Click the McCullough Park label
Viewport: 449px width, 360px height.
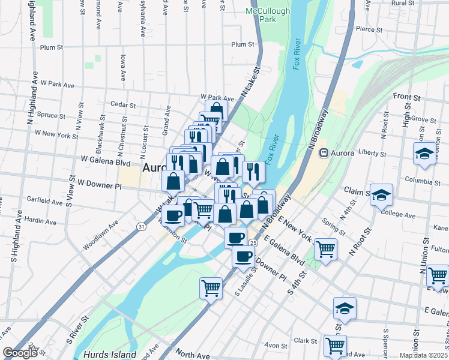tap(268, 15)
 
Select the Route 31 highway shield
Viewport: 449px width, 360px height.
tap(140, 226)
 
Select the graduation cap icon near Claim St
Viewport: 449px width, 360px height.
tap(381, 195)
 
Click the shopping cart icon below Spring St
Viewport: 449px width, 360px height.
tap(325, 248)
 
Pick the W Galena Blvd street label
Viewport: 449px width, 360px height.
tap(106, 161)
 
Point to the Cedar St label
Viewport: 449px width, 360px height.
tap(123, 104)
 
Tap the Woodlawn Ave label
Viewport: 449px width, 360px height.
tap(101, 238)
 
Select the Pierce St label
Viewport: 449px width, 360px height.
tap(369, 29)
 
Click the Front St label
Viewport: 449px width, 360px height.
tap(406, 97)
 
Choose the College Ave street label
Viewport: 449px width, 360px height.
tap(397, 215)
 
